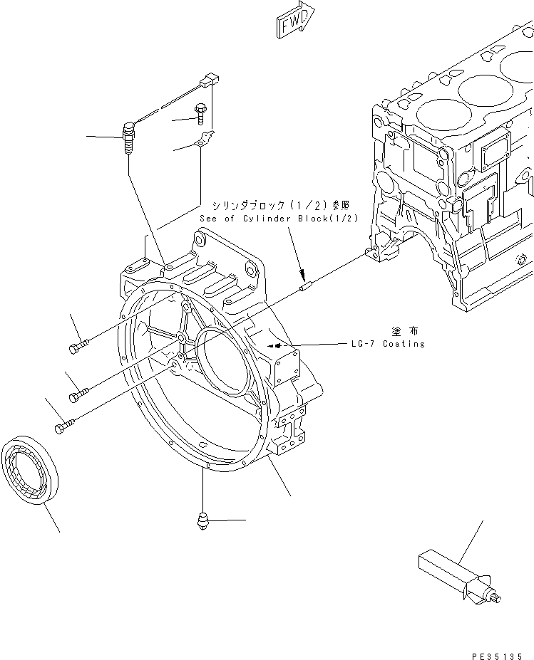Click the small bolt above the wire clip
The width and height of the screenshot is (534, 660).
(x=200, y=112)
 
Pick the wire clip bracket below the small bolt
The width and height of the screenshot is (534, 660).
(x=204, y=143)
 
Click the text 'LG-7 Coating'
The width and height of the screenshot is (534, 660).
(x=387, y=344)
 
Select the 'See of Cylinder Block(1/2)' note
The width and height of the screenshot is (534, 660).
(x=279, y=219)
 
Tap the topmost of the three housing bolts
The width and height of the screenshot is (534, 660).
(x=79, y=346)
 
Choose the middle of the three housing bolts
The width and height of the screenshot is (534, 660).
(x=78, y=392)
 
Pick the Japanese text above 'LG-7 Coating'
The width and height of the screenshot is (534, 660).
(x=403, y=331)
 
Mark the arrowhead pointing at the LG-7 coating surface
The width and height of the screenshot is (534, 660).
(x=270, y=345)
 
